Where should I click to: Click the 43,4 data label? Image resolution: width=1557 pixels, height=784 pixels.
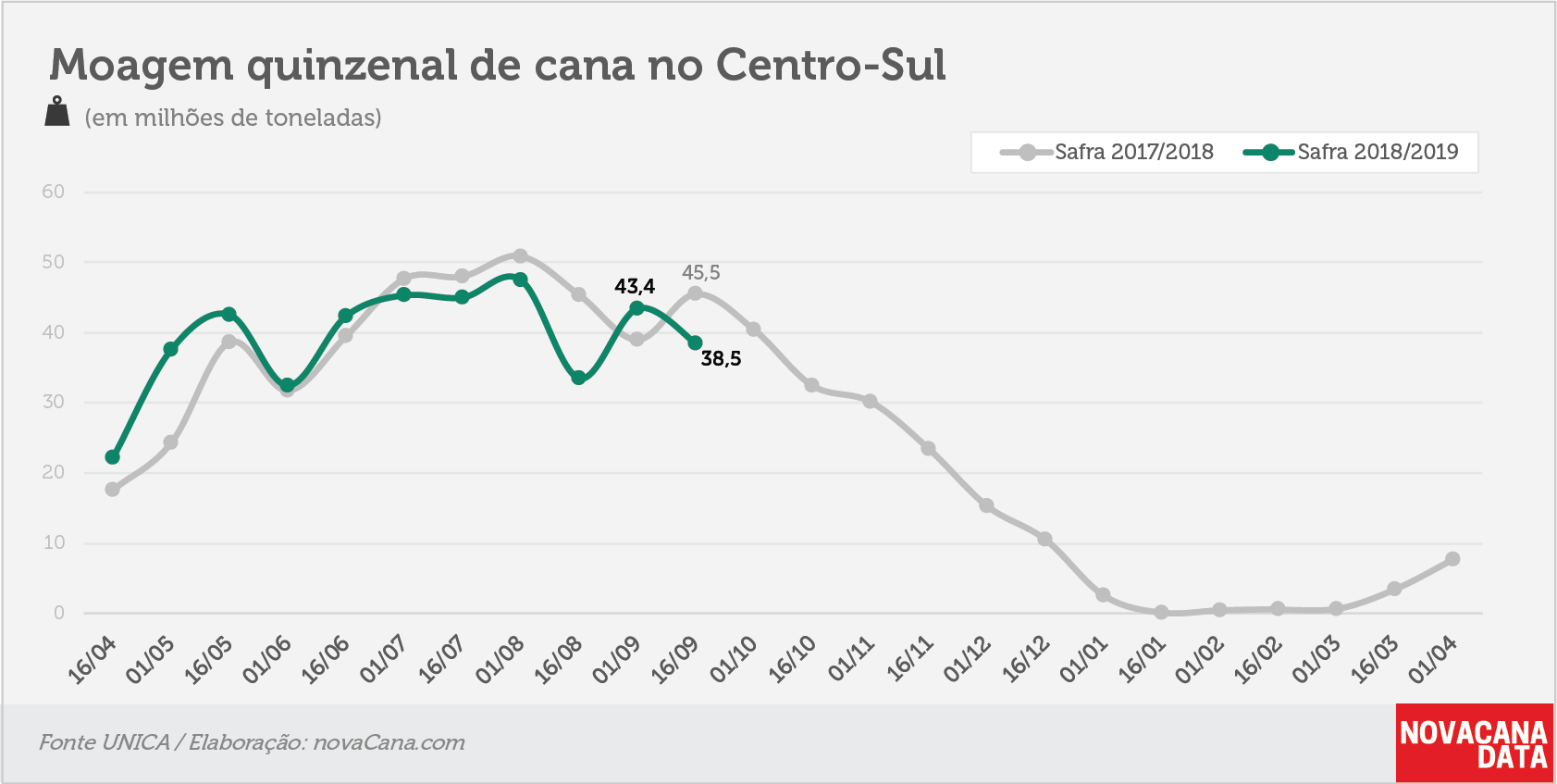click(x=635, y=286)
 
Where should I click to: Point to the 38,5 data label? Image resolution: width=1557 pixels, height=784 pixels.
click(x=721, y=359)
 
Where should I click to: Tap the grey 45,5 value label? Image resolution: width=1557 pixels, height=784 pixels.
click(x=700, y=273)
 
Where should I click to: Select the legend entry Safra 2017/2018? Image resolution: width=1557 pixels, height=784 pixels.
click(x=1107, y=152)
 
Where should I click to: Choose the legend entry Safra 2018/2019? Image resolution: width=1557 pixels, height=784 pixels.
click(x=1351, y=152)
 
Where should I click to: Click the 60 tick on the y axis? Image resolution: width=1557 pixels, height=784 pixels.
click(x=54, y=192)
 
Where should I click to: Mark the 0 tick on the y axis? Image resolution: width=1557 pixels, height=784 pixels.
click(x=59, y=613)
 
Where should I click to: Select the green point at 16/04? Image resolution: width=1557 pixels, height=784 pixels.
click(x=113, y=457)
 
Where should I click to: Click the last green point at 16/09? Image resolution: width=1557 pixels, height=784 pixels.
click(x=695, y=342)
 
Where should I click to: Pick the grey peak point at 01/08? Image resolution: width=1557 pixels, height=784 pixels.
click(x=520, y=256)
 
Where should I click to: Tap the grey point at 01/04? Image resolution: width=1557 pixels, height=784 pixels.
click(x=1452, y=558)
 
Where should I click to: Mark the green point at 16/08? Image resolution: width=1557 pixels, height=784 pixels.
click(x=578, y=378)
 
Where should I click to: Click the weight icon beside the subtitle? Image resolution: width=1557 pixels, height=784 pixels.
click(x=57, y=111)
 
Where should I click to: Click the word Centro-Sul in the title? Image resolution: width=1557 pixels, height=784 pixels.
click(x=831, y=66)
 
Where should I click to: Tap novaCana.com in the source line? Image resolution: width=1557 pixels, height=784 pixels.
click(x=389, y=743)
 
